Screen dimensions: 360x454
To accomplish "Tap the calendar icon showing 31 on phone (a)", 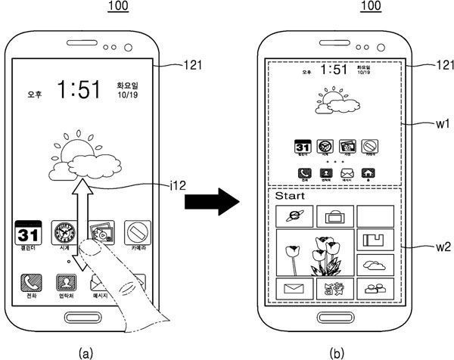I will point(29,234).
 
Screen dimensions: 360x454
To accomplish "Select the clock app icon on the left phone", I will point(63,234).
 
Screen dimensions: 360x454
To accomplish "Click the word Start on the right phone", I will point(290,196).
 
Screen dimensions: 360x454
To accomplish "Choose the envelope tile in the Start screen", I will point(294,287).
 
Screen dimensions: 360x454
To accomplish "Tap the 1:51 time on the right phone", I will point(334,70).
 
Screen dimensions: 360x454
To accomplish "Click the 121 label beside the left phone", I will point(194,66).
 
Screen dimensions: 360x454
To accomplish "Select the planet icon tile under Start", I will point(294,216).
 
